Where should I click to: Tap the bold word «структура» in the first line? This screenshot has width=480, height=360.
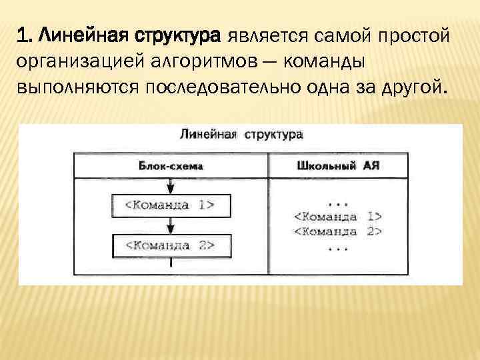point(181,34)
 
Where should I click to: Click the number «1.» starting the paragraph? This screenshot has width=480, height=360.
point(25,34)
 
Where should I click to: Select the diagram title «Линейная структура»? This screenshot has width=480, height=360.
point(241,133)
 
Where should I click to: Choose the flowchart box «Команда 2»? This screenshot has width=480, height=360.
point(171,245)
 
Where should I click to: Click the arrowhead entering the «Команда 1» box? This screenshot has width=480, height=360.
point(171,189)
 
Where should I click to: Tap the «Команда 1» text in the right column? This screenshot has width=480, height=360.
point(337,216)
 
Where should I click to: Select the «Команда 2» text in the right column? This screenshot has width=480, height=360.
point(337,231)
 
